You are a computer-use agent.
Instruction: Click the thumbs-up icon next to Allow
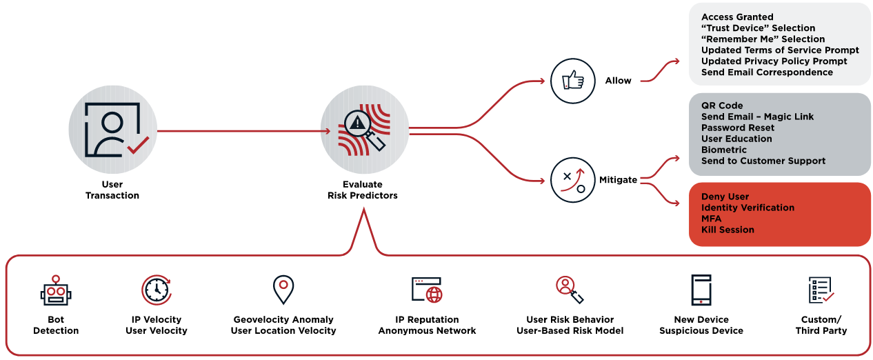click(572, 81)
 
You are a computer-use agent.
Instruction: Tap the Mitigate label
click(618, 179)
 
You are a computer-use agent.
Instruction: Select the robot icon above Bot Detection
click(56, 291)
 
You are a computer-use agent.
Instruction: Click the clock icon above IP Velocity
click(156, 290)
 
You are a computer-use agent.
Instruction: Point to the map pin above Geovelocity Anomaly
click(283, 290)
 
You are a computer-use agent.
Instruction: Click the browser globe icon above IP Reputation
click(427, 290)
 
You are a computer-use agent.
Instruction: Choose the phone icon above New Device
click(701, 290)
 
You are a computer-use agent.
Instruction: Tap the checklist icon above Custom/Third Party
click(821, 290)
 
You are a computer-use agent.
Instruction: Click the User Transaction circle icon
click(112, 129)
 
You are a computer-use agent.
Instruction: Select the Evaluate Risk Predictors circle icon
click(363, 129)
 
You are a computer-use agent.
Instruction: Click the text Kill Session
click(727, 230)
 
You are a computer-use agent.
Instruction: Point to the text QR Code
click(722, 106)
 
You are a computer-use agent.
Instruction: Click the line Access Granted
click(737, 17)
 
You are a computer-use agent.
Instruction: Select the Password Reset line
click(738, 128)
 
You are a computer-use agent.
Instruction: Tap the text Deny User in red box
click(725, 197)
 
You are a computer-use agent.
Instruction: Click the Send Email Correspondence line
click(767, 72)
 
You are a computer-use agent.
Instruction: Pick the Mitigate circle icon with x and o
click(572, 180)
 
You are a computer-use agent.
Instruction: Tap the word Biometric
click(724, 150)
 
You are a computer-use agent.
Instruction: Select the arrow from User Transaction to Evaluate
click(241, 130)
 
